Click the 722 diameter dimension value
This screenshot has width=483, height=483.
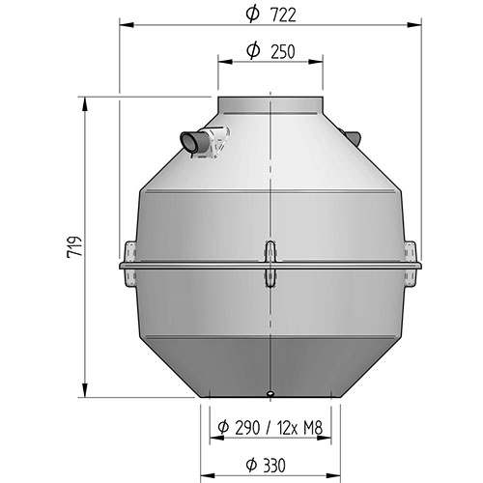(x=283, y=15)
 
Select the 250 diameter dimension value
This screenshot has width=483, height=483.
(x=282, y=51)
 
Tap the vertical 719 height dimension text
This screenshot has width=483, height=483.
(x=74, y=247)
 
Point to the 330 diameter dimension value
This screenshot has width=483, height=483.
(x=272, y=466)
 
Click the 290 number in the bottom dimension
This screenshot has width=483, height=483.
(x=247, y=428)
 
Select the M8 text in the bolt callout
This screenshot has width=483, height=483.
(x=313, y=428)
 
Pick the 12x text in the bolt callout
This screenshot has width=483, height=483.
(x=286, y=428)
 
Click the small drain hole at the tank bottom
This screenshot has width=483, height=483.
(x=270, y=393)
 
